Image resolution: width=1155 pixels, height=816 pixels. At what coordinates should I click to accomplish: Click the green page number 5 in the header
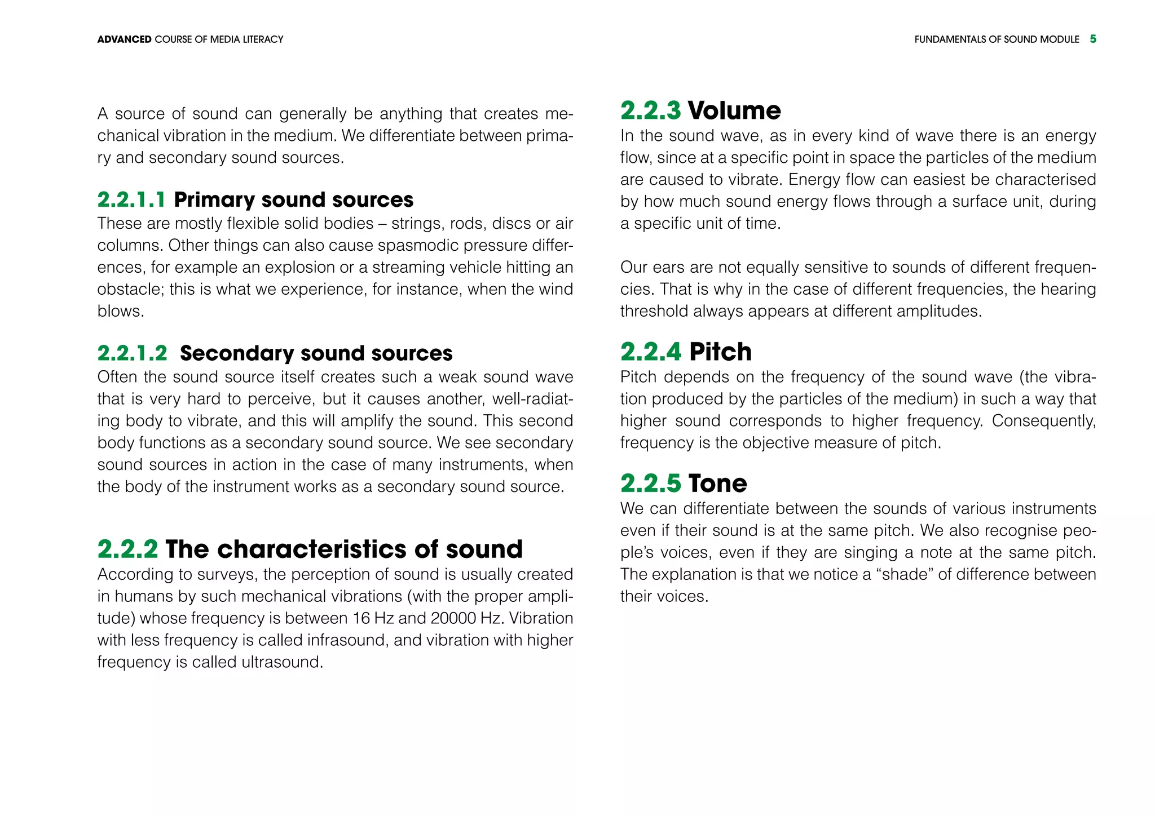[1093, 39]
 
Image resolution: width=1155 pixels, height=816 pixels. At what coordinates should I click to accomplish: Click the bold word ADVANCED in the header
[124, 39]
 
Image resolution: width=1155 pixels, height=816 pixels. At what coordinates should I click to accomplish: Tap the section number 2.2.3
[650, 110]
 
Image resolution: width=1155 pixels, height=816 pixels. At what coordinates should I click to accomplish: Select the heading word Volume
[734, 110]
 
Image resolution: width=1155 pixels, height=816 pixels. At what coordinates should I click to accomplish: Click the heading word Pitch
[720, 352]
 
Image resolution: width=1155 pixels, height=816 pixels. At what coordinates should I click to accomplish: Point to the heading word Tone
[717, 484]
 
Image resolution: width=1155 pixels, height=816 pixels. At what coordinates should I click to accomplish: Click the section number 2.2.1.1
[131, 200]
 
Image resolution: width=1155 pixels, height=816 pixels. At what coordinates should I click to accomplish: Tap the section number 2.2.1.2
[132, 353]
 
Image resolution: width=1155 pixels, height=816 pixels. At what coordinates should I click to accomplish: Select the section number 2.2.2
[127, 549]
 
